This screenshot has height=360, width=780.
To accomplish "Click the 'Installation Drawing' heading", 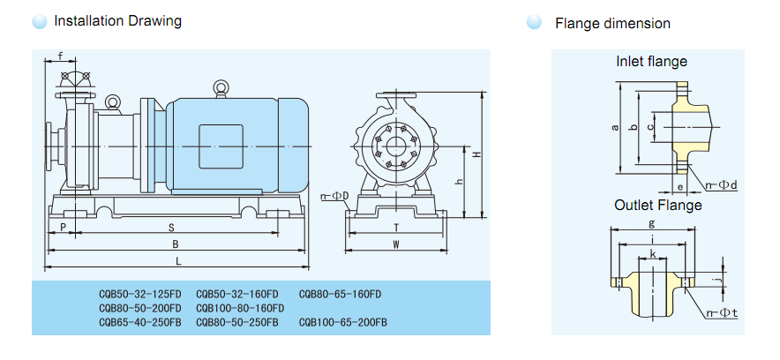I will pos(117,21).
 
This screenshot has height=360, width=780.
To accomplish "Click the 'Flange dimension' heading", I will pos(612,24).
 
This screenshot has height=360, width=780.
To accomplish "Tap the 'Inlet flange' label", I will pos(651,62).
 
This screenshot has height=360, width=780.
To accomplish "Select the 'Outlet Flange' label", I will pos(658,206).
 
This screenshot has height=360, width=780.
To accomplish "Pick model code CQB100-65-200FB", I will pos(343,323).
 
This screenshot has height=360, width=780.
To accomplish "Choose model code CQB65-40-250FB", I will pos(139,323).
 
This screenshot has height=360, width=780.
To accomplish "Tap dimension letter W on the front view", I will pos(396,244).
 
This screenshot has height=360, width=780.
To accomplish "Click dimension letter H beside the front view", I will pos(476,154).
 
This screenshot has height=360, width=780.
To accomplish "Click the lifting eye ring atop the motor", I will pos(220,86).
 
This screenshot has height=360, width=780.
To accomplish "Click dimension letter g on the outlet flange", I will pos(651,223).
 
